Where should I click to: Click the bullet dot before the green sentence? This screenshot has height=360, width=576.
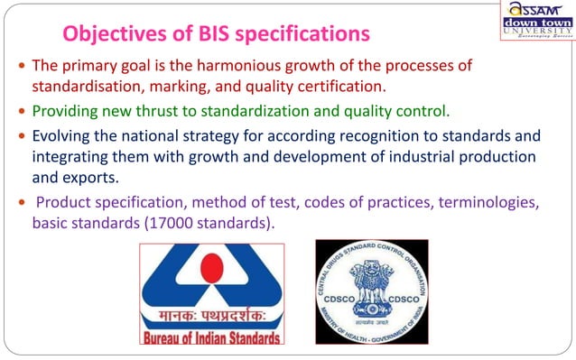click(22, 113)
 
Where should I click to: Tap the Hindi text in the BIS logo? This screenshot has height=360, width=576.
click(210, 318)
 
